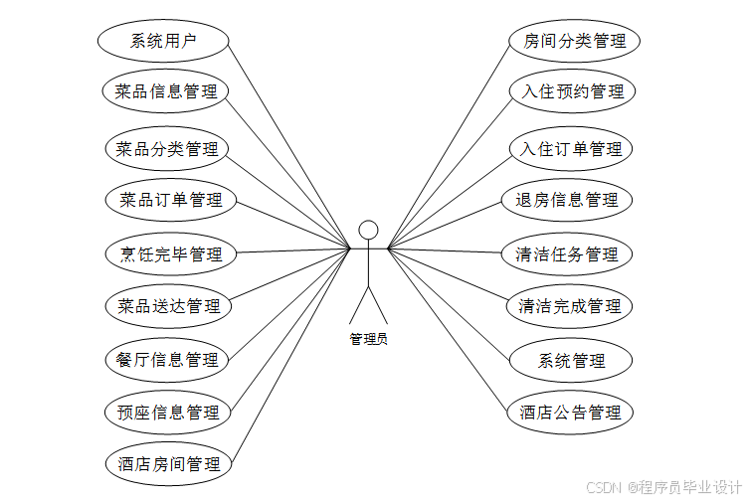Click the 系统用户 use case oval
click(x=164, y=41)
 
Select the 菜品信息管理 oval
click(x=166, y=91)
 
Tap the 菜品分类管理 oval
click(x=167, y=149)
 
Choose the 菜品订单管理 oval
click(x=170, y=200)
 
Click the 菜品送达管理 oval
click(x=168, y=305)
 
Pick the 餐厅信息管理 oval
click(x=167, y=359)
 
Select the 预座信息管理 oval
click(x=167, y=412)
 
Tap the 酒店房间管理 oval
click(x=168, y=463)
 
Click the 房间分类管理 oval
click(x=575, y=41)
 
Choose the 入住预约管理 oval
click(x=574, y=91)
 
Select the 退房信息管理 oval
click(x=567, y=200)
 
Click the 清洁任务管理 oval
click(x=567, y=253)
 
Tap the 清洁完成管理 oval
click(x=570, y=306)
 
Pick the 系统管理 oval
click(x=571, y=359)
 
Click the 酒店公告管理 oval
click(x=570, y=412)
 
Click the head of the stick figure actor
click(x=368, y=230)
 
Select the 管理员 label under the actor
click(x=368, y=339)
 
